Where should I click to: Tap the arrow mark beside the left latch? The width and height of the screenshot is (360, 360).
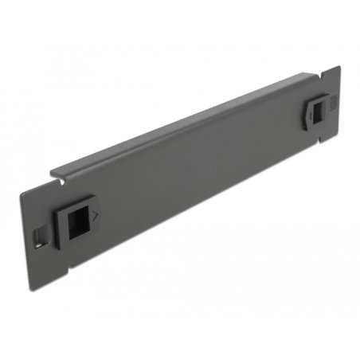point(96,215)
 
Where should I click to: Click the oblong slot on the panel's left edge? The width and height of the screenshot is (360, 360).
point(38,236)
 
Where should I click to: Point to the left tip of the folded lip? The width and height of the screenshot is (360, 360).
point(53,170)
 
